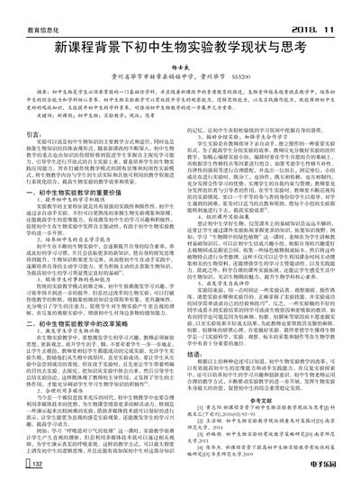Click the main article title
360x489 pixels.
tap(181, 46)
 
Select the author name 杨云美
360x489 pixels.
tap(181, 70)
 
